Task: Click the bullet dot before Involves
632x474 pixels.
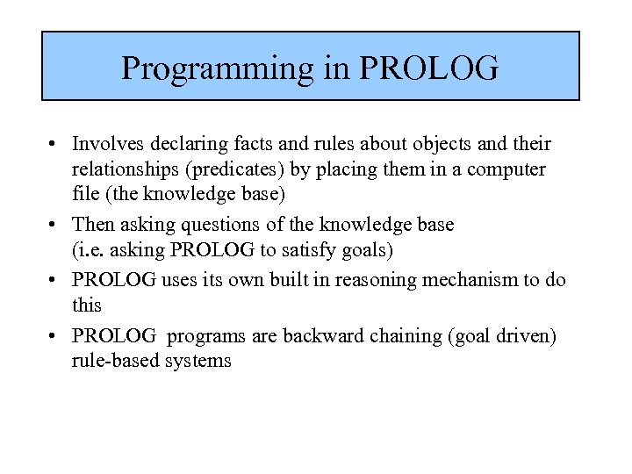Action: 54,144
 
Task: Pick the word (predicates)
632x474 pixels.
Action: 243,169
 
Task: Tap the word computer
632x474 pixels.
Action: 506,169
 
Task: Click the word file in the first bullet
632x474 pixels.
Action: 85,192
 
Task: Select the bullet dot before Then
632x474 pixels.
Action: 54,225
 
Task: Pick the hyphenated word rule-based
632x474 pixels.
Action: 112,360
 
